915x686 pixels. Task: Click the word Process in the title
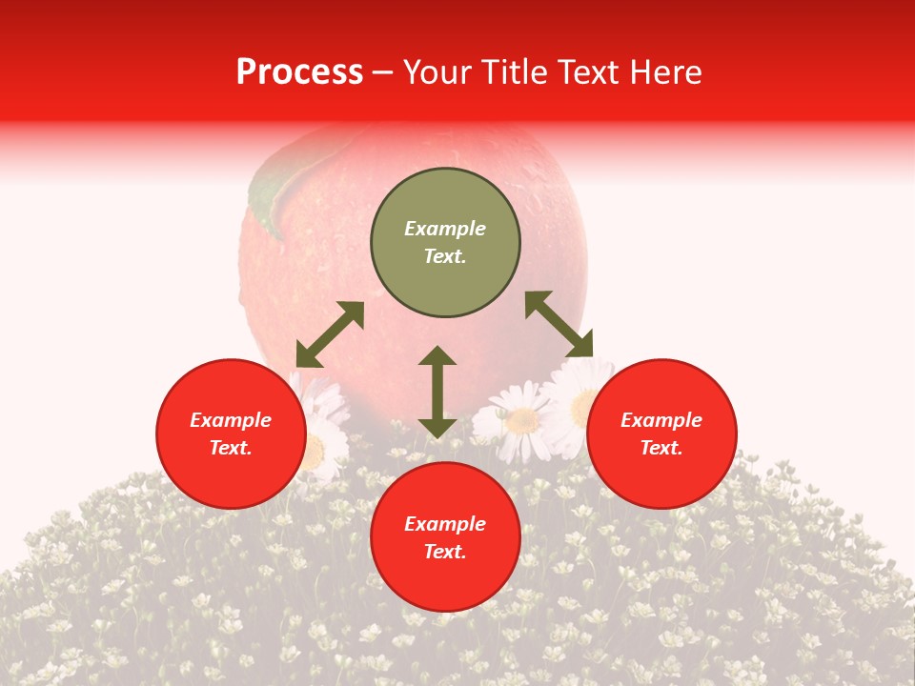[x=299, y=72]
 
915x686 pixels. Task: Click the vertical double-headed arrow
[x=437, y=392]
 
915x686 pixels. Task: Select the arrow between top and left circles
[x=330, y=334]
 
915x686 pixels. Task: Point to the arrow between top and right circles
[x=559, y=324]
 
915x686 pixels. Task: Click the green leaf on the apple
[x=269, y=195]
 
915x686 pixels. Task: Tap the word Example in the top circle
[x=445, y=229]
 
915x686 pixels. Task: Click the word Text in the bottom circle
[x=445, y=552]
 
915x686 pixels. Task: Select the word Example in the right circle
[x=661, y=420]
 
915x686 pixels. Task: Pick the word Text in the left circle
[x=231, y=448]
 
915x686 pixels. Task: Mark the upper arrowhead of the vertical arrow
[x=437, y=356]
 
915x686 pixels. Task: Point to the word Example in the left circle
[x=231, y=420]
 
